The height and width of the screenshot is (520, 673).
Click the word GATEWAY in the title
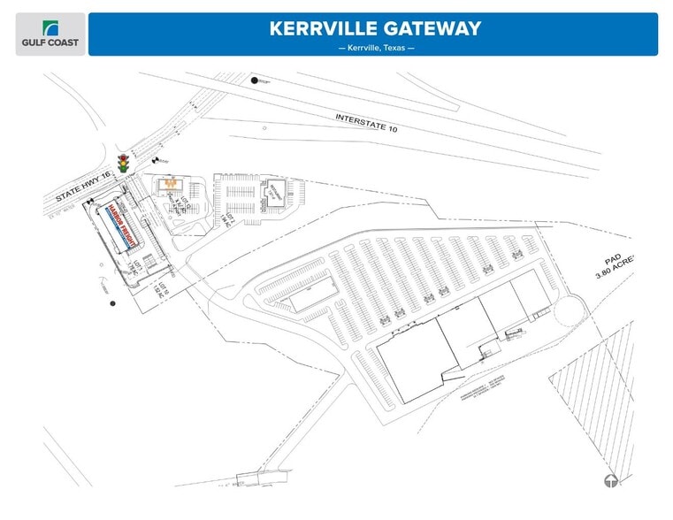pyautogui.click(x=432, y=28)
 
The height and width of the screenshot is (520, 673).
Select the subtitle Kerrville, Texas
pyautogui.click(x=376, y=48)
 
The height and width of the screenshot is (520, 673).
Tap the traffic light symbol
pyautogui.click(x=124, y=162)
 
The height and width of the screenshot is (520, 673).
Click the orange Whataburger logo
pyautogui.click(x=172, y=184)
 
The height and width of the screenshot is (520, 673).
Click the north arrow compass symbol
pyautogui.click(x=609, y=481)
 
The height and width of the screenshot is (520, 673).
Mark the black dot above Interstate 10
pyautogui.click(x=255, y=81)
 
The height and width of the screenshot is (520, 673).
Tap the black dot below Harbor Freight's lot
pyautogui.click(x=112, y=303)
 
